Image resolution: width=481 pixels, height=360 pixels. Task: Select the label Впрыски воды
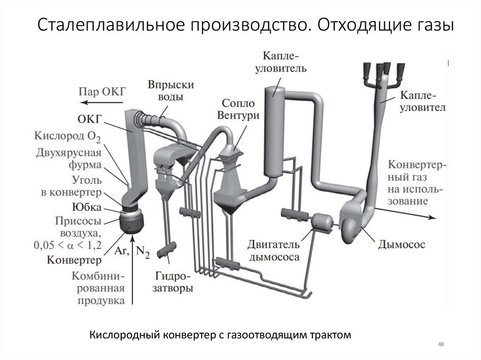tap(164, 92)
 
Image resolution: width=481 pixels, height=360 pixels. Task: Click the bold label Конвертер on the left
tap(74, 259)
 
